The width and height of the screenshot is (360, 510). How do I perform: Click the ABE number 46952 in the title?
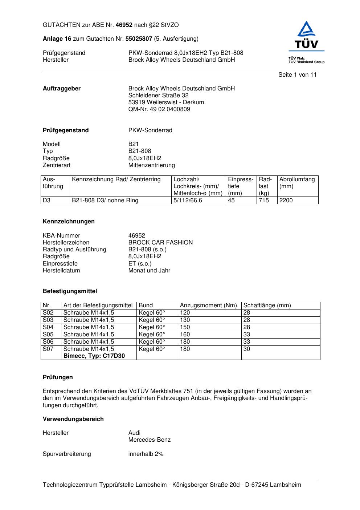[x=124, y=25]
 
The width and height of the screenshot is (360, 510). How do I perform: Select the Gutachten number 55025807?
[x=139, y=39]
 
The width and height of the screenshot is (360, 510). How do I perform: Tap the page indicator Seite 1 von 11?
[x=297, y=74]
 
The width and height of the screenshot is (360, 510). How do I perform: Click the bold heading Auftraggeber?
[x=62, y=88]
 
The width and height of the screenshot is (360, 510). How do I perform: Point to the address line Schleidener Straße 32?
[x=158, y=95]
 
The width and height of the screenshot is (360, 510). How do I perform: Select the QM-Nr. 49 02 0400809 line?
[x=159, y=109]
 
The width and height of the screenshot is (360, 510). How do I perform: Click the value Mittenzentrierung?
[x=151, y=165]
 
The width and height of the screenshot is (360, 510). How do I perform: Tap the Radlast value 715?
[x=264, y=200]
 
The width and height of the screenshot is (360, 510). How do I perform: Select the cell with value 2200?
[x=286, y=200]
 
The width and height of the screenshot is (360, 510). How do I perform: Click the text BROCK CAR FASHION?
[x=160, y=242]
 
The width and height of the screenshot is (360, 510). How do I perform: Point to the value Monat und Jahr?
[x=149, y=270]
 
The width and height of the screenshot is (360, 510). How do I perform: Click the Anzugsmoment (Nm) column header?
[x=208, y=305]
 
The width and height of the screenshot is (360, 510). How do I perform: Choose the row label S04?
[x=48, y=327]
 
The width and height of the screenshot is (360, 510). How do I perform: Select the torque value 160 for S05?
[x=185, y=334]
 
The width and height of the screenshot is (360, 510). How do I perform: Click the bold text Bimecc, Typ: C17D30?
[x=94, y=356]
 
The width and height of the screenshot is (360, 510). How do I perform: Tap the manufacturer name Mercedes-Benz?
[x=149, y=440]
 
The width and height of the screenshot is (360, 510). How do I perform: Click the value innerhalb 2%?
[x=146, y=454]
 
